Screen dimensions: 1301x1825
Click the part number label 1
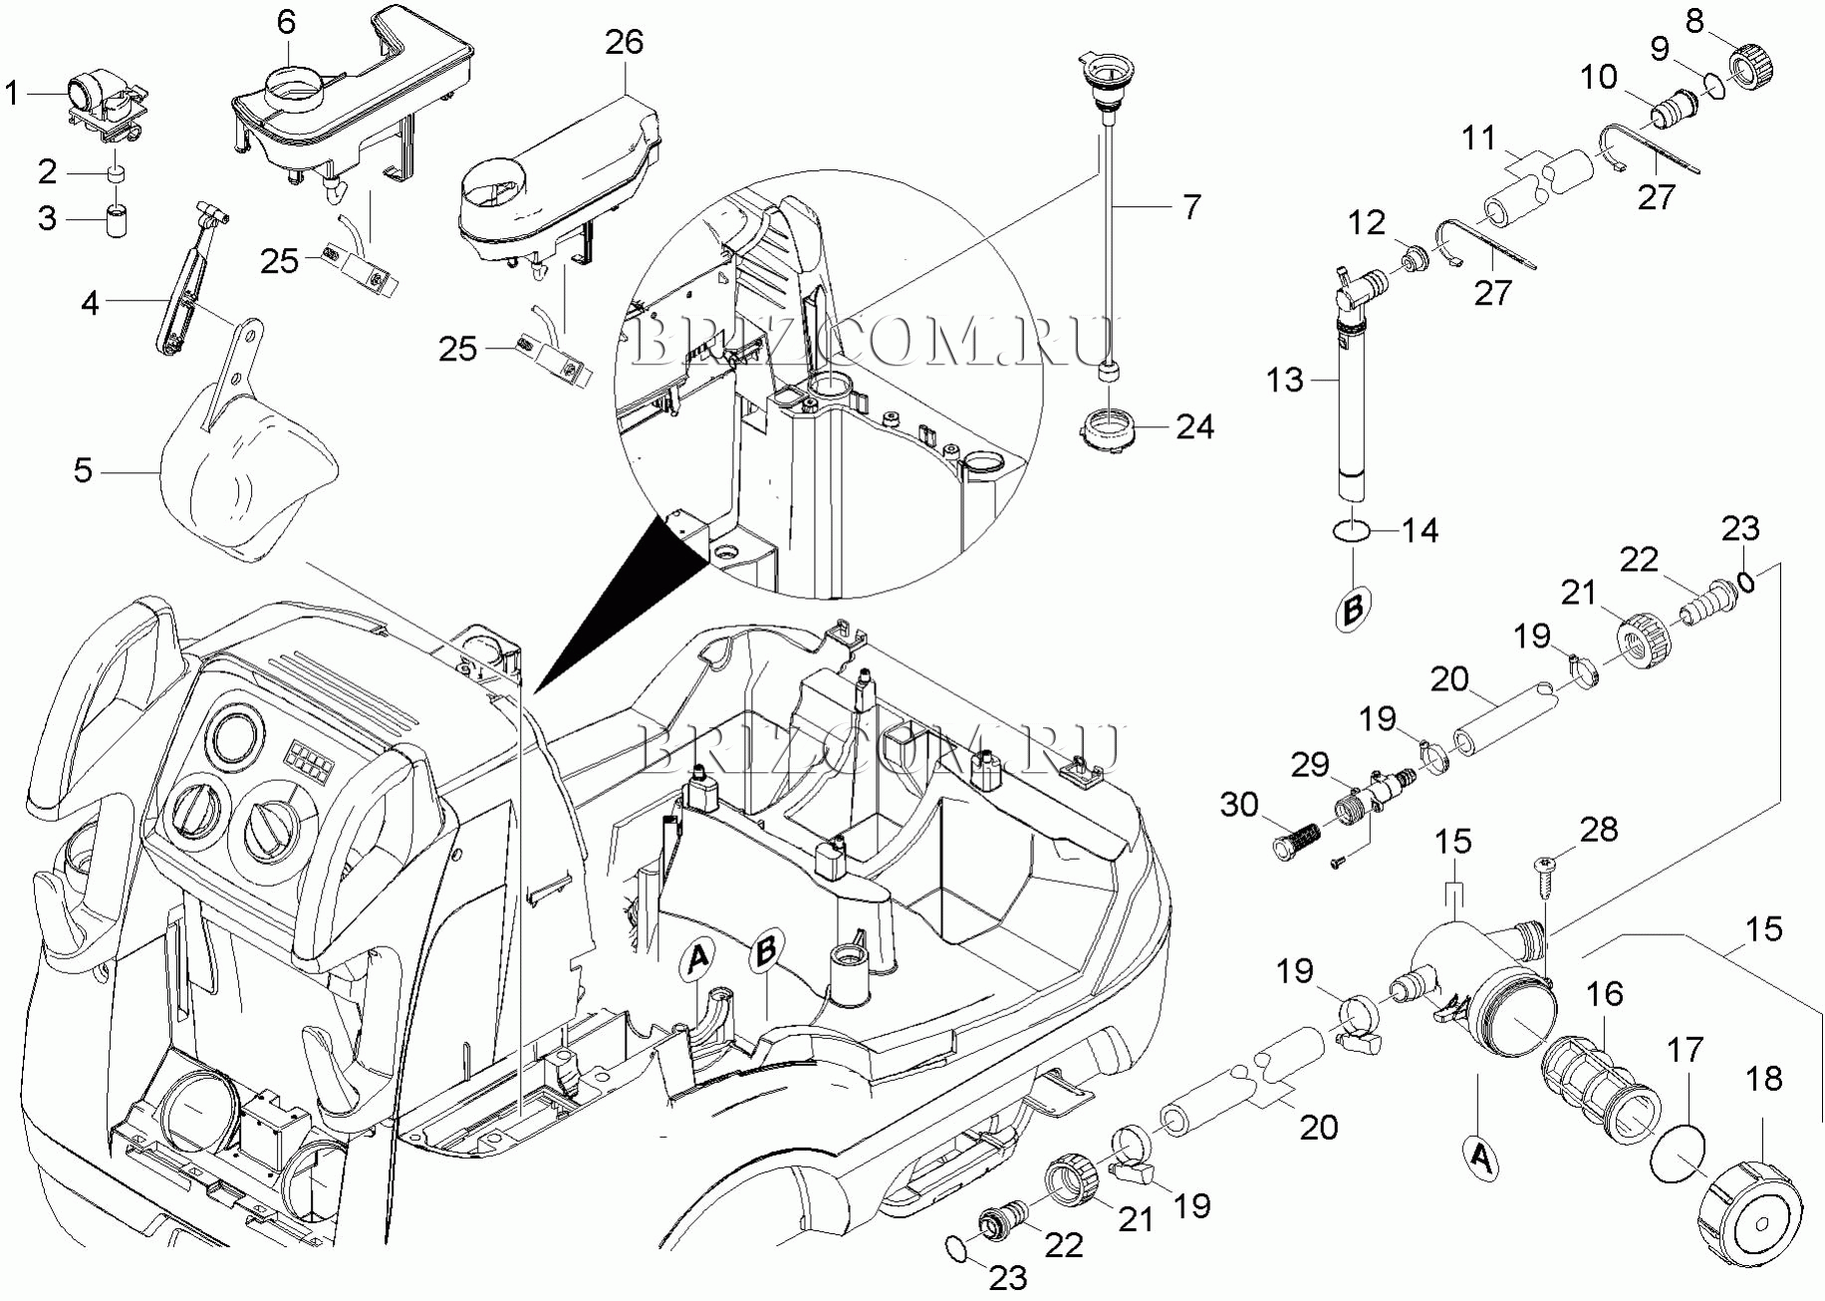click(12, 94)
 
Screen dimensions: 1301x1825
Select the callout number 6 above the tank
click(287, 22)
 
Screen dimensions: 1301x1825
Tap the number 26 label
click(625, 42)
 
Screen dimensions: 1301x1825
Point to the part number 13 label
click(1285, 380)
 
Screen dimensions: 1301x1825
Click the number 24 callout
click(1195, 426)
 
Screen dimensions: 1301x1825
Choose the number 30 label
click(1239, 804)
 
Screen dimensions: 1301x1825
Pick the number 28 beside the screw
click(1599, 829)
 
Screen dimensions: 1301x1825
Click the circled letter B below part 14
click(1353, 608)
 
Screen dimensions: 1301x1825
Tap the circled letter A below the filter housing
click(1480, 1159)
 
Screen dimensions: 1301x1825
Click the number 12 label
click(1367, 222)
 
